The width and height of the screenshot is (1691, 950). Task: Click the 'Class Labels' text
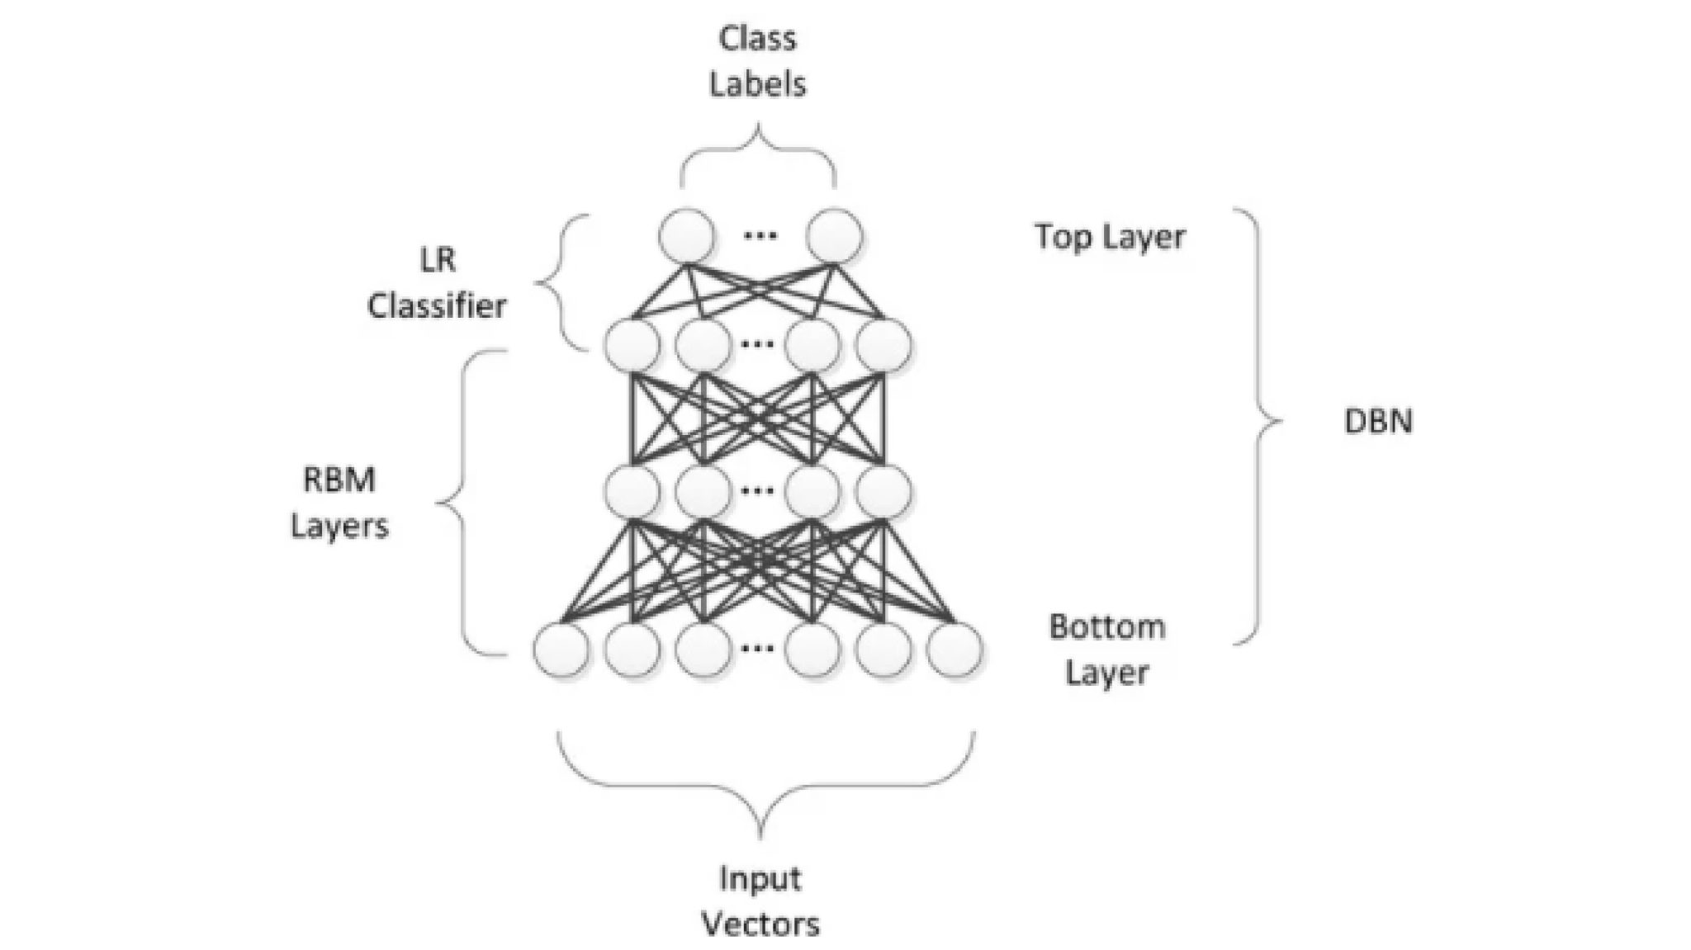coord(757,61)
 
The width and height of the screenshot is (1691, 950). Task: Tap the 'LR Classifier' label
coord(437,283)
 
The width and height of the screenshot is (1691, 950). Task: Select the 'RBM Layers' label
coord(339,502)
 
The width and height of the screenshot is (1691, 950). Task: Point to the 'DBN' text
coord(1378,422)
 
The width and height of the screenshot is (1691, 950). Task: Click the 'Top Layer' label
coord(1110,237)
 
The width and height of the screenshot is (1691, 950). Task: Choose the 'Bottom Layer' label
coord(1107,650)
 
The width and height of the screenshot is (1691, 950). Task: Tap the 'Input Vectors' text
coord(760,900)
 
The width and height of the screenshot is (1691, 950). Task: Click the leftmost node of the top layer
coord(686,236)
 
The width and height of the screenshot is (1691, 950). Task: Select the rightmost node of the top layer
coord(835,236)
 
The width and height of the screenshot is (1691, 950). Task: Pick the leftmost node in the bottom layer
coord(561,650)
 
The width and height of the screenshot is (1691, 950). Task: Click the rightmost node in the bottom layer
coord(954,650)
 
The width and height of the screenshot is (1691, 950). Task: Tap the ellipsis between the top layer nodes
coord(760,236)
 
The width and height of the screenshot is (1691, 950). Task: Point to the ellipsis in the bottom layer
coord(757,649)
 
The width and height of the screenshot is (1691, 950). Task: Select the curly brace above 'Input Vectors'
coord(761,784)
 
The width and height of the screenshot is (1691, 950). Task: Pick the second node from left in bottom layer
coord(632,650)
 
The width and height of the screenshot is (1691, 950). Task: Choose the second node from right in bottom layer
coord(883,650)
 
